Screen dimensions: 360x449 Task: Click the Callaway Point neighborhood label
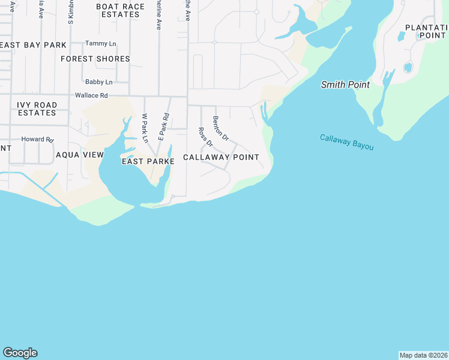tap(221, 157)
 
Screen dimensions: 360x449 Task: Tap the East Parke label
tap(148, 161)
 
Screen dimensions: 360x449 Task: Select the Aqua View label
tap(80, 155)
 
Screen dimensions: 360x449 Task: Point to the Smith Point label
tap(345, 85)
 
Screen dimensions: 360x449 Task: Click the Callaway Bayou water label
tap(347, 142)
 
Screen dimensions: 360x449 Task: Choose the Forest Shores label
tap(95, 59)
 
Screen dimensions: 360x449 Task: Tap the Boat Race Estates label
tap(121, 10)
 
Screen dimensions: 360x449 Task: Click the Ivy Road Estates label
tap(37, 109)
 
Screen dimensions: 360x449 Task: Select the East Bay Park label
tap(34, 45)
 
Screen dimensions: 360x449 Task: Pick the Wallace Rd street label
tap(91, 95)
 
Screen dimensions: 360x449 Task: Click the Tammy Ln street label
tap(101, 43)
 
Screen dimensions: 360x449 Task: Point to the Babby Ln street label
tap(98, 82)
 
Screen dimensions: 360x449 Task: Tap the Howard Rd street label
tap(37, 139)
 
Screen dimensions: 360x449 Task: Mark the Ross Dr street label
tap(205, 137)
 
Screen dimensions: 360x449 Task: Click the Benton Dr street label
tap(221, 128)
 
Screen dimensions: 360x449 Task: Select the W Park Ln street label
tap(145, 128)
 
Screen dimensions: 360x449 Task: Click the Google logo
tap(20, 353)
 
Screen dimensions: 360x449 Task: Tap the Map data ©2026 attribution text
tap(423, 355)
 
